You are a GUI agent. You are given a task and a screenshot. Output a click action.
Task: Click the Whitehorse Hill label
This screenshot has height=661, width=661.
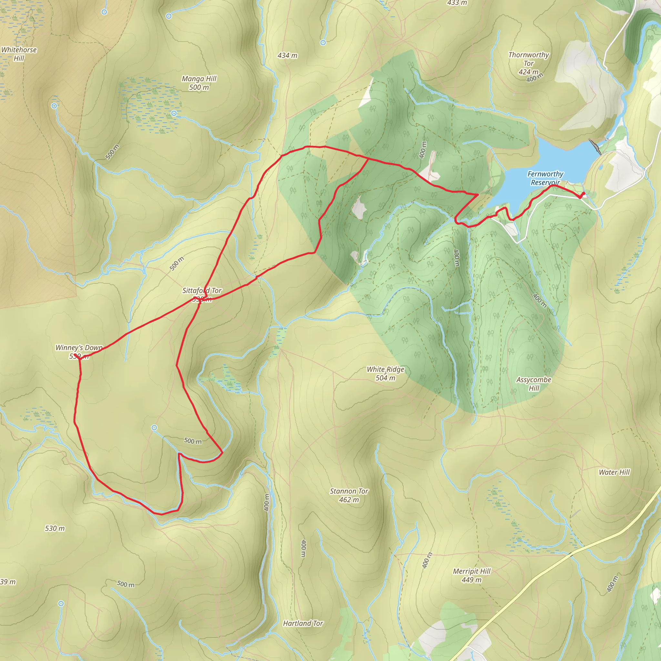[x=19, y=54]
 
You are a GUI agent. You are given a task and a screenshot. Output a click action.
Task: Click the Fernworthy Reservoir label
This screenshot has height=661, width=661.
[x=545, y=178]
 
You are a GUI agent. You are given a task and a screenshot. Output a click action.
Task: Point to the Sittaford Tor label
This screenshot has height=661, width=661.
[x=202, y=291]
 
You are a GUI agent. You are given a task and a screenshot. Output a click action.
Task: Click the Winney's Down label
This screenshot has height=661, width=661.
[x=79, y=348]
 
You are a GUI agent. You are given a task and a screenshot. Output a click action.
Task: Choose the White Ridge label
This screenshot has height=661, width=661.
[x=386, y=370]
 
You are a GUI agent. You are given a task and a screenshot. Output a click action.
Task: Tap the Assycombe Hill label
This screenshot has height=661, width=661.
[x=534, y=384]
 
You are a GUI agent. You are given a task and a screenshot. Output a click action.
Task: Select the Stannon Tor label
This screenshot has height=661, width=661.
[x=349, y=491]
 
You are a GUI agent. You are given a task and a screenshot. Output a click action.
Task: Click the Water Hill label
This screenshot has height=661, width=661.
[x=614, y=473]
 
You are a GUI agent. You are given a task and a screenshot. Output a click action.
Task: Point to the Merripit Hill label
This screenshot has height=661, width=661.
[x=472, y=571]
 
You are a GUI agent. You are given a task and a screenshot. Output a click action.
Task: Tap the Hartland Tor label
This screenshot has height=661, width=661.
[x=303, y=624]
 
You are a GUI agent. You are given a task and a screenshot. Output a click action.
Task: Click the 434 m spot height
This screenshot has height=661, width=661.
[x=287, y=56]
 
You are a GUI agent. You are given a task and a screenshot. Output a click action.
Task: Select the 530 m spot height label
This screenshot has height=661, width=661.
[x=55, y=529]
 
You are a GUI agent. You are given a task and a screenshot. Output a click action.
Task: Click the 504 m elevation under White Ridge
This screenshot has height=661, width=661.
[x=386, y=378]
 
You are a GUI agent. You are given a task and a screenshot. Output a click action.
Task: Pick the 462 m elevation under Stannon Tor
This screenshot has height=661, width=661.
[x=349, y=500]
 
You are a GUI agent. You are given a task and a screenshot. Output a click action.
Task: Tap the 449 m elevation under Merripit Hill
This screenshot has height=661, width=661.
[x=472, y=580]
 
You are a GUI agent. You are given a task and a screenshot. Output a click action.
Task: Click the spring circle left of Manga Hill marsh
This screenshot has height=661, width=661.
[x=54, y=106]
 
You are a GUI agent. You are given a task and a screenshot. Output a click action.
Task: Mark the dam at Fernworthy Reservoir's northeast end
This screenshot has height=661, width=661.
[x=595, y=147]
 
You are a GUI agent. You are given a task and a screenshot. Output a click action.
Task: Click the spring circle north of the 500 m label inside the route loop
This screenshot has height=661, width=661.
[x=154, y=428]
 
